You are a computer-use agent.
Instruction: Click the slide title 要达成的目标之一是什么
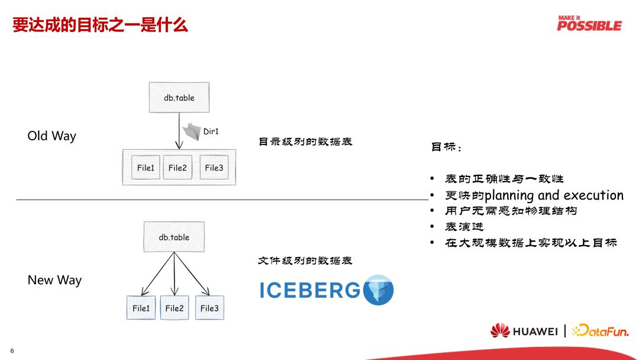[x=101, y=25]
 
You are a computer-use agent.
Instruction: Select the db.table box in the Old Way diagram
[x=179, y=98]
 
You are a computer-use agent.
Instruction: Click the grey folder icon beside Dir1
[x=192, y=131]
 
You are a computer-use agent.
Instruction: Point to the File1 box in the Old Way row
[x=146, y=168]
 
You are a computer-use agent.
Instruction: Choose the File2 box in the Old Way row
[x=177, y=168]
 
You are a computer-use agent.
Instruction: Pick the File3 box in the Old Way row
[x=214, y=168]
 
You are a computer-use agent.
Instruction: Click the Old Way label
[x=52, y=136]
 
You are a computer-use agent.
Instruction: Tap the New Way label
[x=54, y=280]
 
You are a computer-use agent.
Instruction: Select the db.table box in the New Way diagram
[x=174, y=237]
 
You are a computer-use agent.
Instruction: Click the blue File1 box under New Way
[x=141, y=308]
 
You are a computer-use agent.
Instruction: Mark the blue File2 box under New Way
[x=175, y=308]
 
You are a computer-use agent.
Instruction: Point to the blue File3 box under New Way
[x=209, y=308]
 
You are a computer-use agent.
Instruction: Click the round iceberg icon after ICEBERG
[x=378, y=290]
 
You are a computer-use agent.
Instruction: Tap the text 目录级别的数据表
[x=305, y=142]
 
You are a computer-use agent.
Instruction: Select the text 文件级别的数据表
[x=305, y=261]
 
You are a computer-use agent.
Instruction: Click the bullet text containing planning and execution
[x=534, y=195]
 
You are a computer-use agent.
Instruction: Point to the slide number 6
[x=12, y=351]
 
